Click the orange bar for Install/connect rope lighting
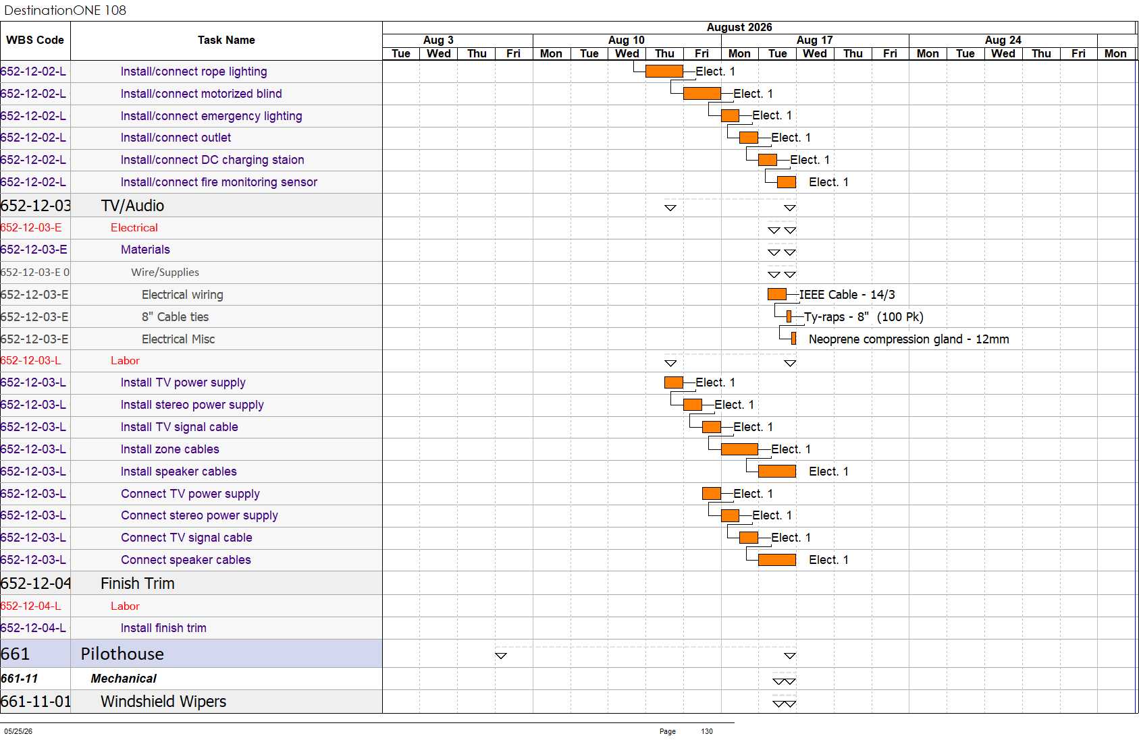[664, 71]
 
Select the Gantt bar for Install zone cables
[739, 449]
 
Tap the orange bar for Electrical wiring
[777, 294]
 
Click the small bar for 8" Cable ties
[789, 316]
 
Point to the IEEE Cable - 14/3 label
[847, 295]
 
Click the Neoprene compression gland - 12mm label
[909, 339]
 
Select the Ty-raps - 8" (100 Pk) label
[864, 317]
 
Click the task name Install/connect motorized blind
[201, 94]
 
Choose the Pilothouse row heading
[122, 654]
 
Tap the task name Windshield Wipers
[163, 702]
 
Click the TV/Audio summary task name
[132, 206]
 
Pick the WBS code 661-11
[20, 679]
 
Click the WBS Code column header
[35, 40]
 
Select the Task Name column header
[226, 40]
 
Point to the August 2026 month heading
[739, 28]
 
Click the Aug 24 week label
[1003, 40]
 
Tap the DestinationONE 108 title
[65, 10]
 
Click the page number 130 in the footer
[707, 731]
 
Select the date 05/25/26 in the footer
[18, 731]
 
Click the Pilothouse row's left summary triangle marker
[501, 656]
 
